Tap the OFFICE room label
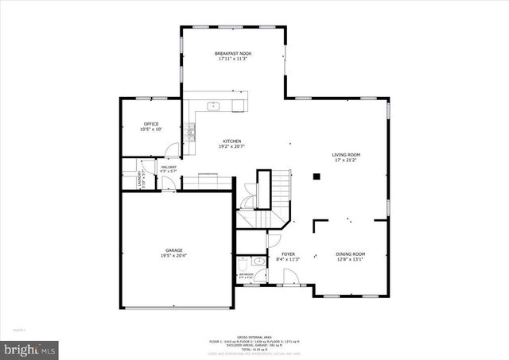click(x=151, y=124)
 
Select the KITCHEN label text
click(x=231, y=141)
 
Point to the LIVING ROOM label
click(x=346, y=154)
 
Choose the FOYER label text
click(x=288, y=254)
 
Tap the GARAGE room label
click(x=174, y=250)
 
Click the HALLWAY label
click(x=169, y=167)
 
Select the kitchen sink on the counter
click(x=214, y=106)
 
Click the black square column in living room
click(x=316, y=176)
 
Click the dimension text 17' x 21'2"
click(x=346, y=160)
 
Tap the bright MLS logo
click(x=30, y=348)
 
